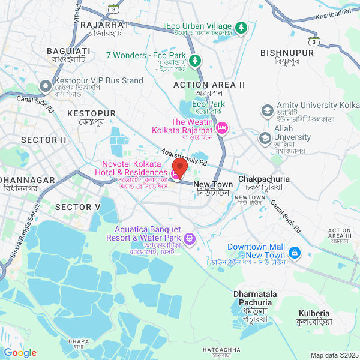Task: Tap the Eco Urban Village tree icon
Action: [x=241, y=27]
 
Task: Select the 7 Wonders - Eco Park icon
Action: [x=194, y=60]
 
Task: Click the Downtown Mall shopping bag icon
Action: [x=295, y=254]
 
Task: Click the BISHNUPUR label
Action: [x=287, y=53]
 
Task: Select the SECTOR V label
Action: [x=77, y=207]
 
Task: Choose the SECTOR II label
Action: [x=44, y=140]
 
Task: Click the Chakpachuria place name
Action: [x=264, y=179]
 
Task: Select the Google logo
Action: [x=20, y=352]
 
